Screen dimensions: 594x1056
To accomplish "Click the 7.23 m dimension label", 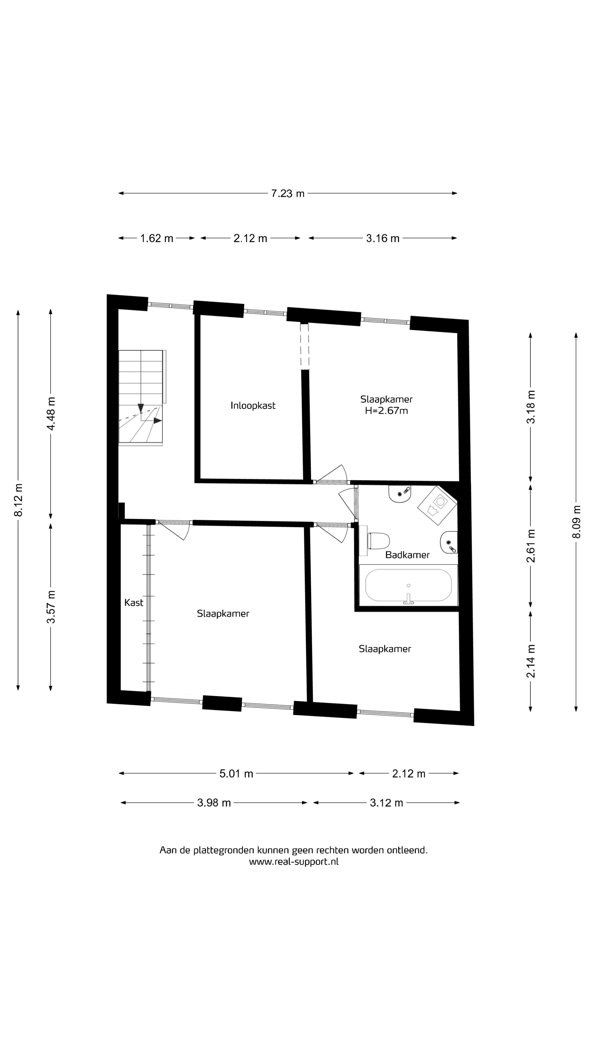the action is tap(287, 194).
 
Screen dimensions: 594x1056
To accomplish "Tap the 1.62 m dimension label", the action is tap(156, 238).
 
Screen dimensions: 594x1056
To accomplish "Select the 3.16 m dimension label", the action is tap(383, 238).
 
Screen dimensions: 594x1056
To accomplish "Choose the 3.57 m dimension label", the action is tap(51, 607).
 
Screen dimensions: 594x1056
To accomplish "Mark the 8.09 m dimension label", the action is tap(577, 522).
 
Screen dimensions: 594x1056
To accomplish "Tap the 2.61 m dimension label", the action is tap(531, 546).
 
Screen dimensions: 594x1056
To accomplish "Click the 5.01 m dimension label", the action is tap(236, 774).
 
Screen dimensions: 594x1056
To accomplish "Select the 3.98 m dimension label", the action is tap(214, 803).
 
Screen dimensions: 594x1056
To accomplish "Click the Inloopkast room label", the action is tap(253, 405).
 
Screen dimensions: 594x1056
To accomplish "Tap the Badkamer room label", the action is tap(408, 555).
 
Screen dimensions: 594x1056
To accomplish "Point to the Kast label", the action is tap(134, 602).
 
